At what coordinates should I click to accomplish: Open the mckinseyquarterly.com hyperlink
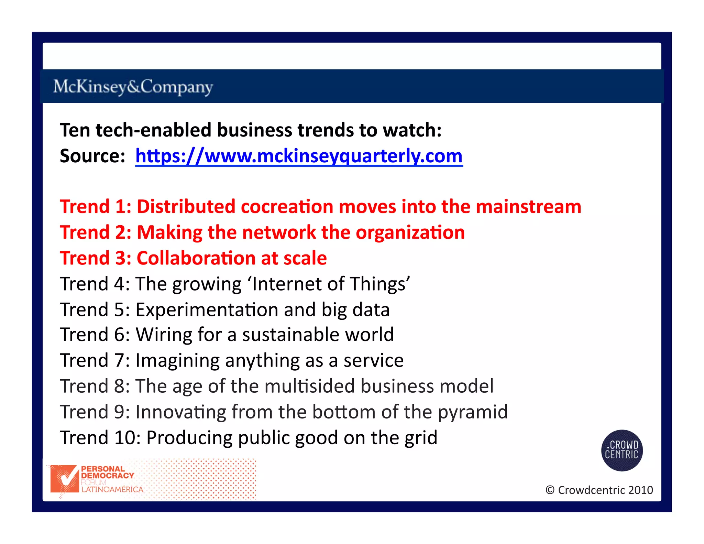pos(299,156)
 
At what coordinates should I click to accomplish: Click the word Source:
pos(92,156)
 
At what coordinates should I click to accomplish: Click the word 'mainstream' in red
pos(528,207)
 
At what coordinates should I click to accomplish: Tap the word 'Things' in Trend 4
pos(379,284)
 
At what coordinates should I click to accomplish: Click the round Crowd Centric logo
pos(621,450)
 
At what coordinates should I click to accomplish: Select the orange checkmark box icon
pos(64,479)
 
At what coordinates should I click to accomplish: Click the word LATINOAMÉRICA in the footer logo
pos(112,490)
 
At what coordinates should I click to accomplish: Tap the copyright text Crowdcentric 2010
pos(599,490)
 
